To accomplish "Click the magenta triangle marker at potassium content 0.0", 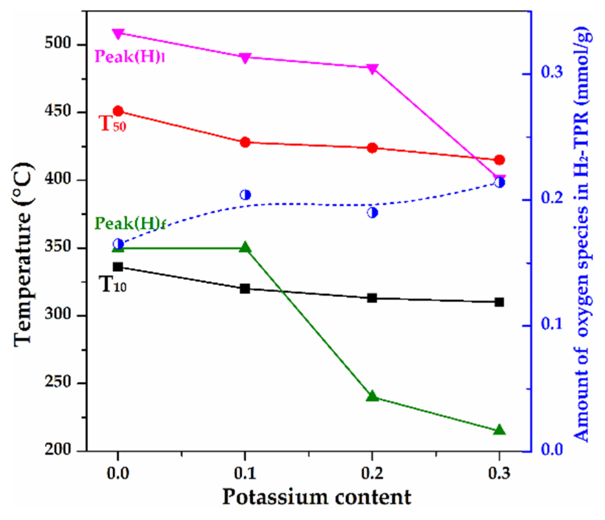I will [x=118, y=34].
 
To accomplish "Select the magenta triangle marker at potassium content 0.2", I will [x=372, y=69].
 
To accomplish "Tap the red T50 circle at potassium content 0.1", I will [x=245, y=142].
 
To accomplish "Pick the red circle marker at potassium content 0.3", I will [x=499, y=160].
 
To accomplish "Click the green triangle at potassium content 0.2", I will [x=372, y=396].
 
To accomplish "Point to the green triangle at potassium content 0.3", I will [x=499, y=430].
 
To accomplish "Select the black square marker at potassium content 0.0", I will [x=118, y=267].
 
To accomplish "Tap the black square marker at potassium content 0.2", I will [x=372, y=298].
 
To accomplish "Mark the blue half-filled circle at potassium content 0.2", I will [x=372, y=212].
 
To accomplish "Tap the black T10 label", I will [x=113, y=285].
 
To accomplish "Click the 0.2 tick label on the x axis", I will [x=372, y=473].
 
